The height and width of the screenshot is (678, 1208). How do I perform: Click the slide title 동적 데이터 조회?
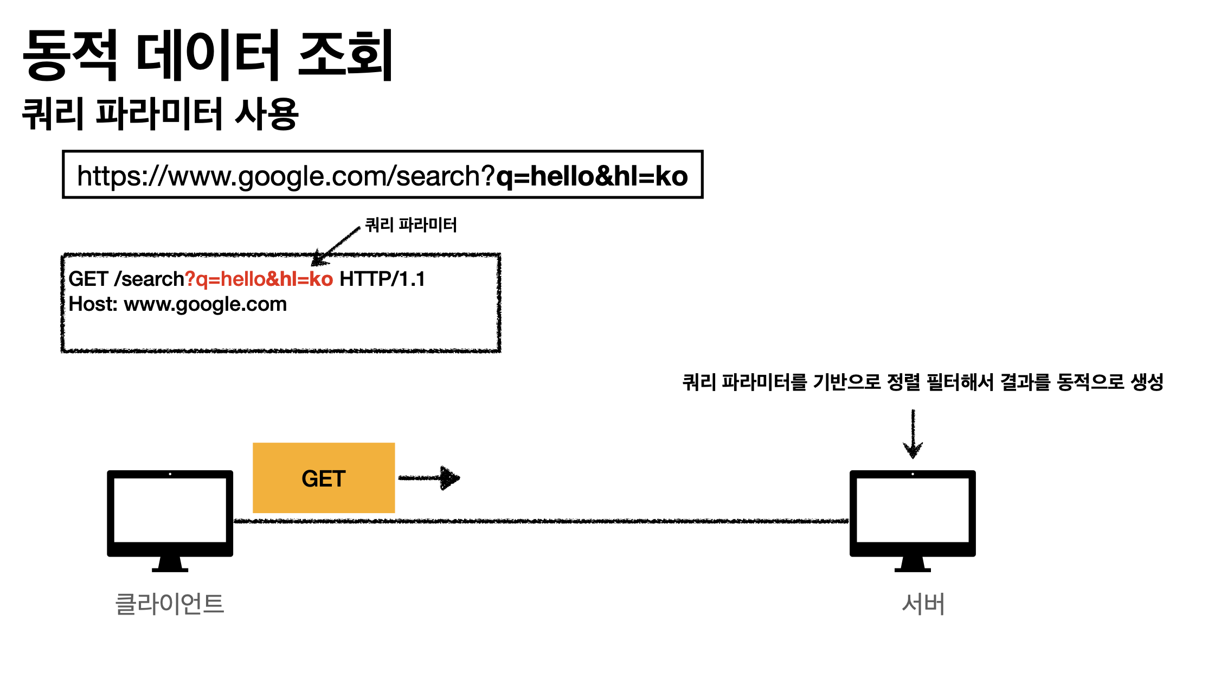pos(208,55)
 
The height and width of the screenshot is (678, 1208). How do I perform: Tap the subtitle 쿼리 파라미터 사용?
pos(160,114)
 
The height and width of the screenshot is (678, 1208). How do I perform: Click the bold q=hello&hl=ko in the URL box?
pos(592,176)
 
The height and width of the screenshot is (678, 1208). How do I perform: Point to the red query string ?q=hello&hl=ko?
pos(259,279)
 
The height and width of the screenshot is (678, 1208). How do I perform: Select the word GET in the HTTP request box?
pos(88,279)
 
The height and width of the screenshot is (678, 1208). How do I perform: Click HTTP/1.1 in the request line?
pos(382,279)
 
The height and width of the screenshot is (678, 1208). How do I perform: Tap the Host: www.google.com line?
pos(178,304)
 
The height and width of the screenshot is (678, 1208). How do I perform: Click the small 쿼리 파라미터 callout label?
pos(411,225)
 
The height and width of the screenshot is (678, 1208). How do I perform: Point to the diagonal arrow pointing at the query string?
pos(336,246)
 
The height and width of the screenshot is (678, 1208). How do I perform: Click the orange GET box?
pos(324,478)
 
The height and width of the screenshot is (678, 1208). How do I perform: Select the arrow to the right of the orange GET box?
pos(429,478)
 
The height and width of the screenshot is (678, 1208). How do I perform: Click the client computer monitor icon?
pos(170,519)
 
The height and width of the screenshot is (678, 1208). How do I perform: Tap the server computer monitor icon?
pos(913,519)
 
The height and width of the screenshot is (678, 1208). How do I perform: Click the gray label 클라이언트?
pos(170,604)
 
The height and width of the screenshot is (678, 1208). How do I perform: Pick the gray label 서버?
pos(923,604)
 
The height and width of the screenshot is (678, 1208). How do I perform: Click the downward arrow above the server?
pos(913,434)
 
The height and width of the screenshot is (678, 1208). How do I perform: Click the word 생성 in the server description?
pos(1147,382)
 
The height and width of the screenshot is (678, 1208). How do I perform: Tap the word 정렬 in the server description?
pos(903,382)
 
